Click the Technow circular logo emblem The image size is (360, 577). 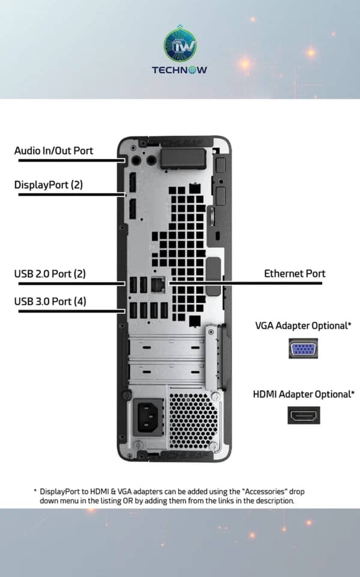tap(180, 45)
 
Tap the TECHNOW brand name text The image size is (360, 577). tap(179, 70)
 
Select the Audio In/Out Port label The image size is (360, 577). tap(53, 150)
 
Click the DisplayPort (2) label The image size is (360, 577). tap(48, 185)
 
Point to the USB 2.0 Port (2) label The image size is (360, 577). tap(50, 274)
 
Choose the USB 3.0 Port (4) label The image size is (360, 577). tap(50, 301)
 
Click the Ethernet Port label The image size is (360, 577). tap(294, 273)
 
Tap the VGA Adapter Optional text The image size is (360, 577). tap(303, 326)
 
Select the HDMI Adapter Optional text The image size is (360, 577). tap(304, 394)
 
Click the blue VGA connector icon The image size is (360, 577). tap(303, 349)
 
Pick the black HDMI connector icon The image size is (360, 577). tap(304, 415)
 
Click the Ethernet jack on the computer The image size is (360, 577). tap(158, 284)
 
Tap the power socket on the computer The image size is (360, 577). tap(148, 417)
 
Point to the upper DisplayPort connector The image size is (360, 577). tap(132, 183)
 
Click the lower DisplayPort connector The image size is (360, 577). tap(132, 209)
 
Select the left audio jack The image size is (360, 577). tap(136, 160)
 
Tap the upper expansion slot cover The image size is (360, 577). tap(168, 348)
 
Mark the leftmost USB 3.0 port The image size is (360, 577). tap(133, 310)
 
